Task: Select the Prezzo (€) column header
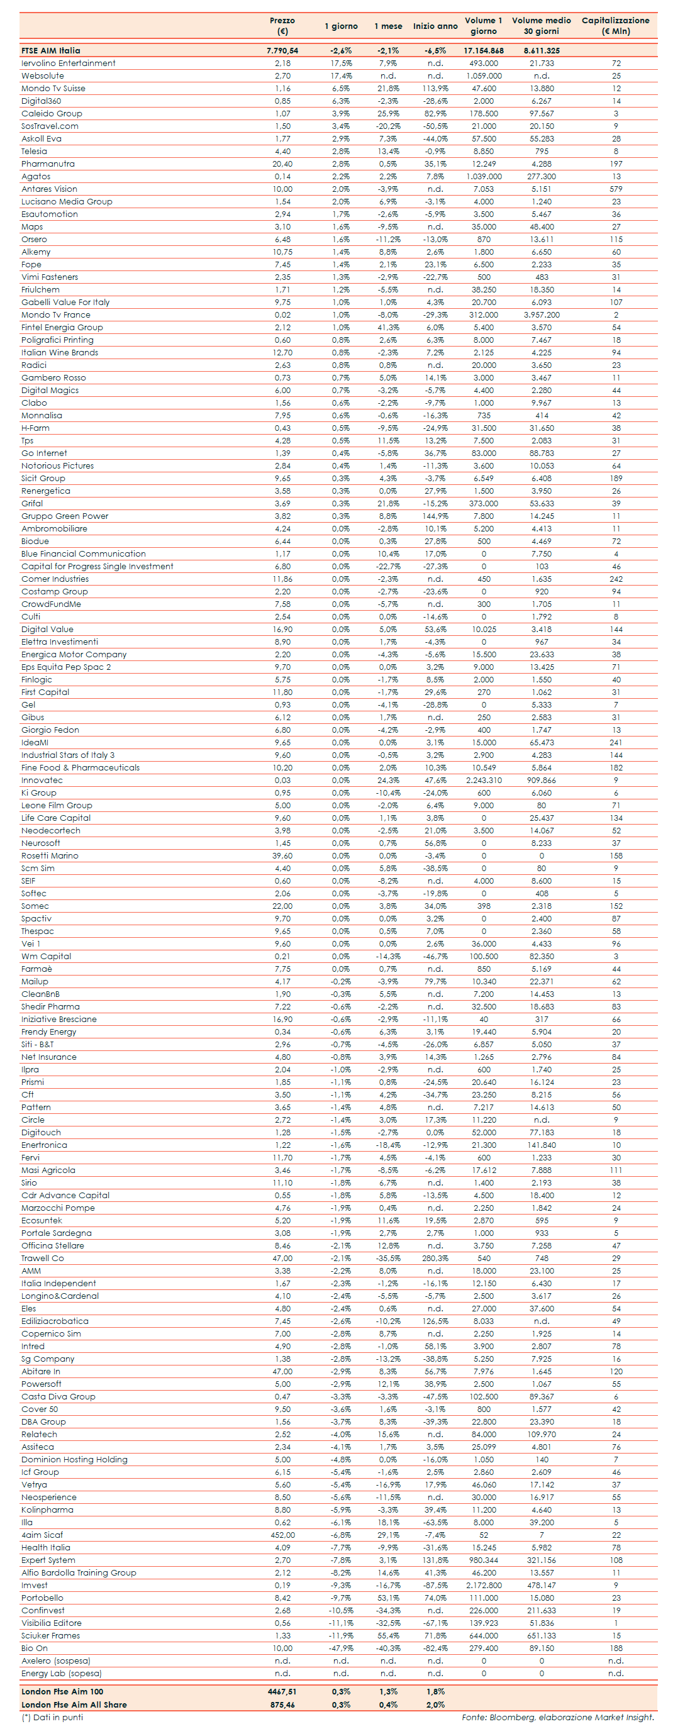point(282,25)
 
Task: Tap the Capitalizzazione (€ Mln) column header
point(615,25)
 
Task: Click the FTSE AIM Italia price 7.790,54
point(282,50)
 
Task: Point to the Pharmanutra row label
point(48,164)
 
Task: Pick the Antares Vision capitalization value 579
point(616,189)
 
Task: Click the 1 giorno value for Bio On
point(341,1649)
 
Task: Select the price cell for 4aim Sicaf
point(282,1535)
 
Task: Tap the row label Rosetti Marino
point(50,855)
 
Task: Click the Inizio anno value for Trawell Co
point(435,1258)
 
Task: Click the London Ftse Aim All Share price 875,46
point(282,1705)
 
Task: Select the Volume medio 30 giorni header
point(542,25)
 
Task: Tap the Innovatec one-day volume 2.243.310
point(483,781)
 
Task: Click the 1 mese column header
point(388,26)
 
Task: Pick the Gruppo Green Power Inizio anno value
point(435,516)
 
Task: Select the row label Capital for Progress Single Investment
point(97,566)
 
